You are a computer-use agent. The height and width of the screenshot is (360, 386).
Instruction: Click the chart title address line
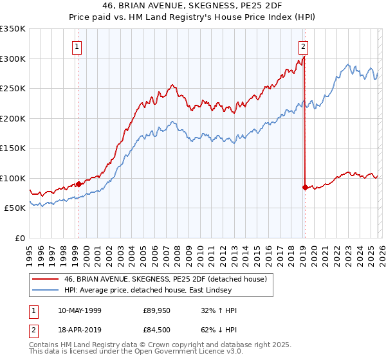tap(192, 6)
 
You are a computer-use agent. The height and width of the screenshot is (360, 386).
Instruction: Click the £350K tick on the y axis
tap(13, 29)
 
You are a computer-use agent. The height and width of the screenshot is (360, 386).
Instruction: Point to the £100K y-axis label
tap(13, 178)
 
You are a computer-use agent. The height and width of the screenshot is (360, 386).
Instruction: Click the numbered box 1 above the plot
tap(77, 46)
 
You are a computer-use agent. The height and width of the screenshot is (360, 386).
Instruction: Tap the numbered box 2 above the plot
tap(303, 46)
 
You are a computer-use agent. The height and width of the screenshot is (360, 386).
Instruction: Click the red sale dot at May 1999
tap(79, 184)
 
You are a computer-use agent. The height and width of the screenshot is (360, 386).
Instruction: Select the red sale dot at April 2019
tap(304, 187)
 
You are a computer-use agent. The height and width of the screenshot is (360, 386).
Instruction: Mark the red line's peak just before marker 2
tap(303, 57)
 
